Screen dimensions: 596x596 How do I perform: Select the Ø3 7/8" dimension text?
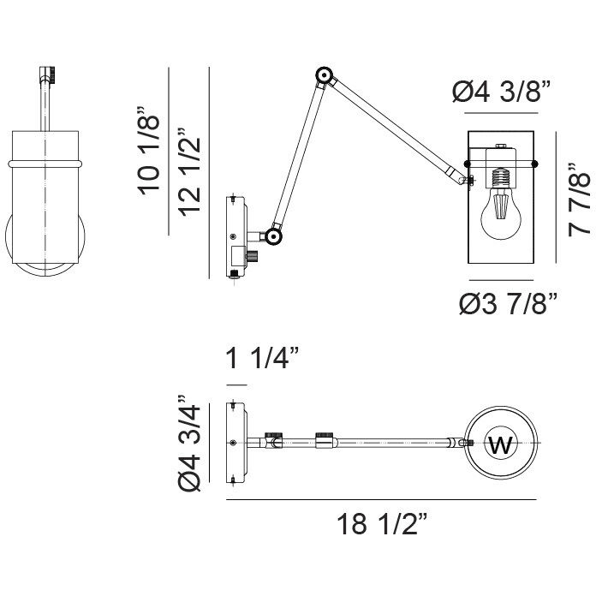click(x=508, y=303)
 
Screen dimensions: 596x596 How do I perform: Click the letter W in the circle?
click(x=500, y=444)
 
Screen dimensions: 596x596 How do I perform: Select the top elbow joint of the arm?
click(x=324, y=76)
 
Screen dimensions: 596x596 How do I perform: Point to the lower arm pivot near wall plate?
click(x=273, y=235)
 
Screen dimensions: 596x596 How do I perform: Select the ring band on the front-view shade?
click(x=46, y=161)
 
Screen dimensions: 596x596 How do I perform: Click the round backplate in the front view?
click(x=46, y=248)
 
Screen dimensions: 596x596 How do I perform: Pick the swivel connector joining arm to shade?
click(x=466, y=179)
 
